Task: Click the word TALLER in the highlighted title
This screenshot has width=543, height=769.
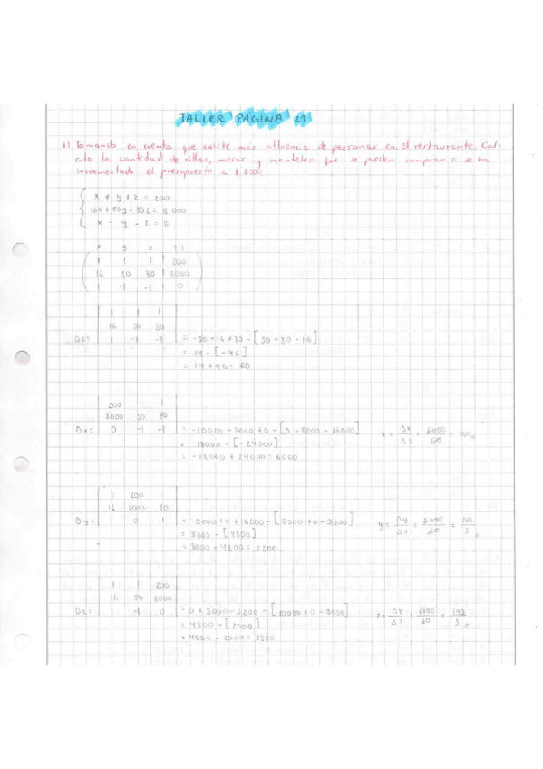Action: pos(201,118)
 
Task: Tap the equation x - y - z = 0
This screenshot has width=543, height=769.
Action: pos(128,224)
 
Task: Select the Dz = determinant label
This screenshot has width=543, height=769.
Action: pos(81,612)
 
